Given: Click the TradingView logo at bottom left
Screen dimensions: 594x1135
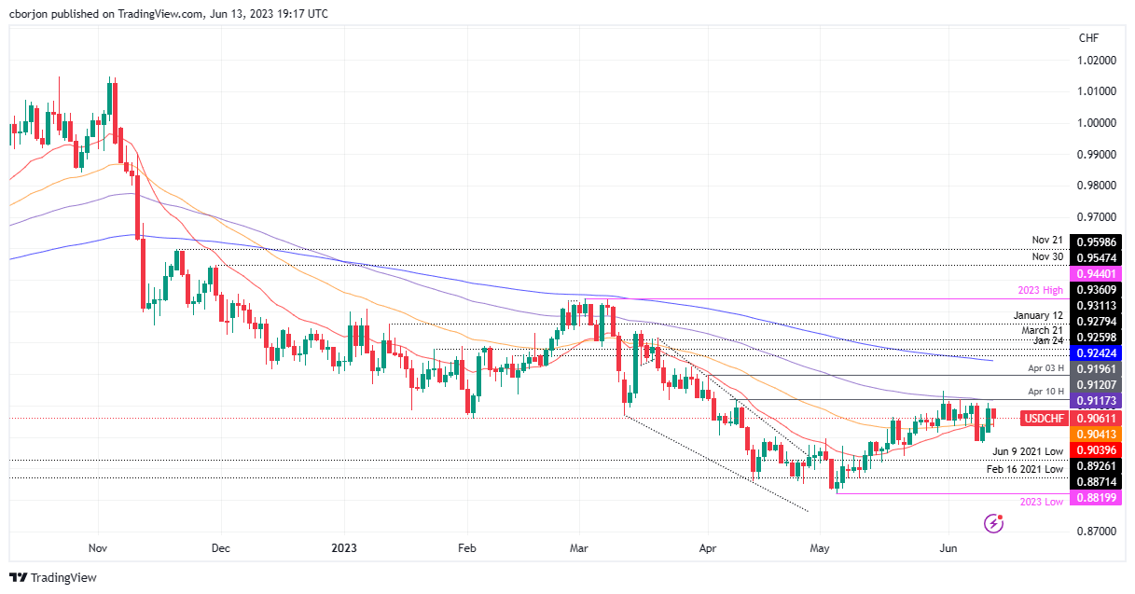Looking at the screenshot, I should pyautogui.click(x=53, y=577).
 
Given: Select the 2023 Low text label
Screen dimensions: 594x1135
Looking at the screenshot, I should pyautogui.click(x=1042, y=502).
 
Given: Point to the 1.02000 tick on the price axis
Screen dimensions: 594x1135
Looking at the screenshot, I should pyautogui.click(x=1097, y=60).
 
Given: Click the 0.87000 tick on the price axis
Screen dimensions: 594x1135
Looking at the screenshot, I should pyautogui.click(x=1097, y=531).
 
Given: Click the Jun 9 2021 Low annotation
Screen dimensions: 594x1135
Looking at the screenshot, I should pyautogui.click(x=1028, y=450).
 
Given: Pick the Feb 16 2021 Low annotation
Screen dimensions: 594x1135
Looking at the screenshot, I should pyautogui.click(x=1026, y=469).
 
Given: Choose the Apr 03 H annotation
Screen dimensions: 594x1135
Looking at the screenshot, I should pyautogui.click(x=1045, y=368).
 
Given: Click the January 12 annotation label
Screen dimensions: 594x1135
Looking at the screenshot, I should pyautogui.click(x=1038, y=315).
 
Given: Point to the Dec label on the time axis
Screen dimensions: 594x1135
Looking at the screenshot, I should pyautogui.click(x=221, y=549).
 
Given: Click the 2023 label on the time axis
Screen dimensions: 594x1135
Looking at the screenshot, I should pyautogui.click(x=345, y=549).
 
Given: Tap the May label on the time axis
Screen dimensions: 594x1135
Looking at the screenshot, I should pyautogui.click(x=820, y=549).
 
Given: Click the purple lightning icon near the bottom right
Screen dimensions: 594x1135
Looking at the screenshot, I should pyautogui.click(x=994, y=524).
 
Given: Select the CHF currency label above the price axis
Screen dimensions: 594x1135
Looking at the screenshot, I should pyautogui.click(x=1088, y=38).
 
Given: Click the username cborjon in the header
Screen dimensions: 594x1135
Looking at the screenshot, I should pyautogui.click(x=31, y=13).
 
